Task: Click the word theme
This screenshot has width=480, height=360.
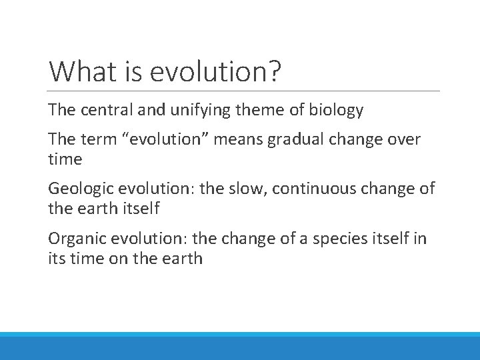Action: [273, 110]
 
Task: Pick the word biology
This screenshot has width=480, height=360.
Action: [337, 110]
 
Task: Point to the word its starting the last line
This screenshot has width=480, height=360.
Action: [57, 259]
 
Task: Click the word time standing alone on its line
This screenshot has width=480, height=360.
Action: [65, 159]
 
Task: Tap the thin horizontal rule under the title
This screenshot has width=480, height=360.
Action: [244, 91]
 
